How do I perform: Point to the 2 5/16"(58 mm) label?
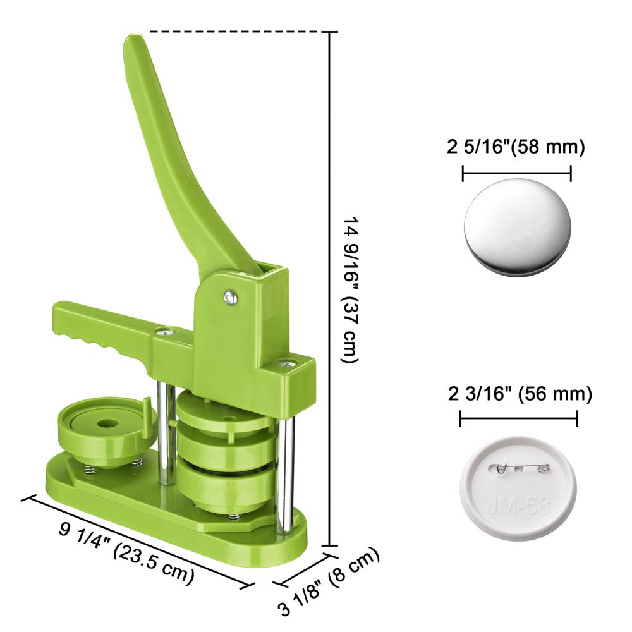[x=516, y=147]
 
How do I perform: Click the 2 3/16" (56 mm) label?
[x=520, y=393]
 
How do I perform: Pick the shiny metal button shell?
[x=517, y=228]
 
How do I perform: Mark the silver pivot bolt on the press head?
[x=231, y=298]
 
